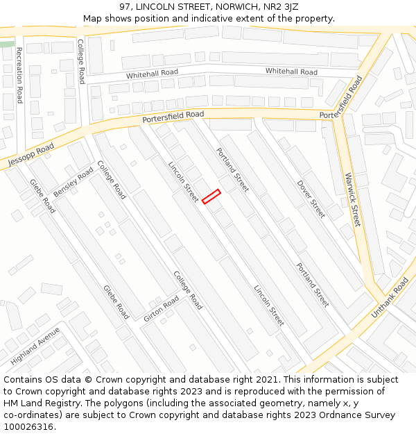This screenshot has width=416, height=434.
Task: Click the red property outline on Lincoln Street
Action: point(211,197)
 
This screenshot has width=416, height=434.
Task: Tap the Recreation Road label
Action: point(19,75)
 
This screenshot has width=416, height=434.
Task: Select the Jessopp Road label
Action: point(31,155)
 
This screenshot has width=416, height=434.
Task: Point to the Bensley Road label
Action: point(73,181)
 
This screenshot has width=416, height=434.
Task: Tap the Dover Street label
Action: point(311,199)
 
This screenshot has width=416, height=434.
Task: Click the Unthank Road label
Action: point(390,298)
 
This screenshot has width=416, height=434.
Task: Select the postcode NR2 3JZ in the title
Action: point(280,7)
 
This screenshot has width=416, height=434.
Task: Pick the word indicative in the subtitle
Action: point(226,18)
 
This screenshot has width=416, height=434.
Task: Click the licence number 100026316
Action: point(29,427)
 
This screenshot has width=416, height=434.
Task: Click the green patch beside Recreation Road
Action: point(6,44)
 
